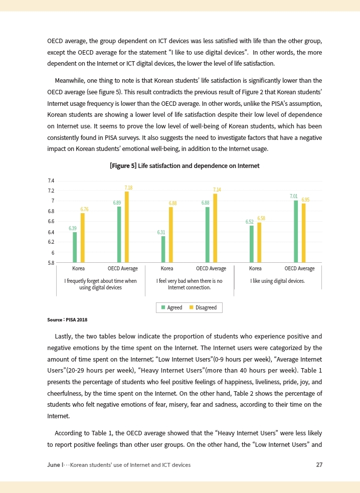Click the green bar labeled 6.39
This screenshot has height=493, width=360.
(x=75, y=247)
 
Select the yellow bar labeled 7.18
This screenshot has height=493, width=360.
(x=127, y=227)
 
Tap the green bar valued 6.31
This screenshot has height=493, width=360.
(x=163, y=249)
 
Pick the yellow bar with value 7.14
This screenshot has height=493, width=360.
(x=215, y=228)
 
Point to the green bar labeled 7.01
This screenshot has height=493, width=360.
(x=296, y=231)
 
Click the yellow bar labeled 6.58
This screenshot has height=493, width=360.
(x=259, y=242)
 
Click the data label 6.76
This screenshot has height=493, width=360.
(x=85, y=209)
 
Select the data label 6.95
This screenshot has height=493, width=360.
(x=305, y=200)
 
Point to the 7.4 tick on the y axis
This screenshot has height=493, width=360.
(x=51, y=181)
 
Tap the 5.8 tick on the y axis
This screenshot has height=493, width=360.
(x=51, y=262)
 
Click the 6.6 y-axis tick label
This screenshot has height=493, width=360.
(x=51, y=221)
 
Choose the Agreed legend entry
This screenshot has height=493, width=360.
(x=171, y=307)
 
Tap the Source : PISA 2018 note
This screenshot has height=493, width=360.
(x=63, y=319)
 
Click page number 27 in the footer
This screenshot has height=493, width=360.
(x=319, y=465)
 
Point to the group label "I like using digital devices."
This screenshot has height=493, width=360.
(x=277, y=281)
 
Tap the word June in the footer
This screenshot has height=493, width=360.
(x=53, y=465)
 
